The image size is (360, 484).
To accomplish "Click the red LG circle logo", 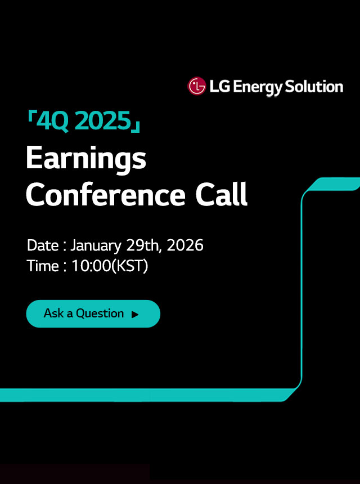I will (197, 87).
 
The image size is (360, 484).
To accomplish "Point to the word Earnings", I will (85, 159).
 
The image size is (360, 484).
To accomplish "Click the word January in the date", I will (95, 246).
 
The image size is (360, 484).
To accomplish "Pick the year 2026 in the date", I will (185, 246).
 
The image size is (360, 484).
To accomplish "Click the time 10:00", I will (91, 266).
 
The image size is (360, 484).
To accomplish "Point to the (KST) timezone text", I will (130, 266).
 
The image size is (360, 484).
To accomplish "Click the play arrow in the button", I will (135, 315).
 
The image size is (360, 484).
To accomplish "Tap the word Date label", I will (42, 246).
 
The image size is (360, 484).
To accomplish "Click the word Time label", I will (43, 266).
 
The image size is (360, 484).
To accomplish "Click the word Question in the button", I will (100, 313).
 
